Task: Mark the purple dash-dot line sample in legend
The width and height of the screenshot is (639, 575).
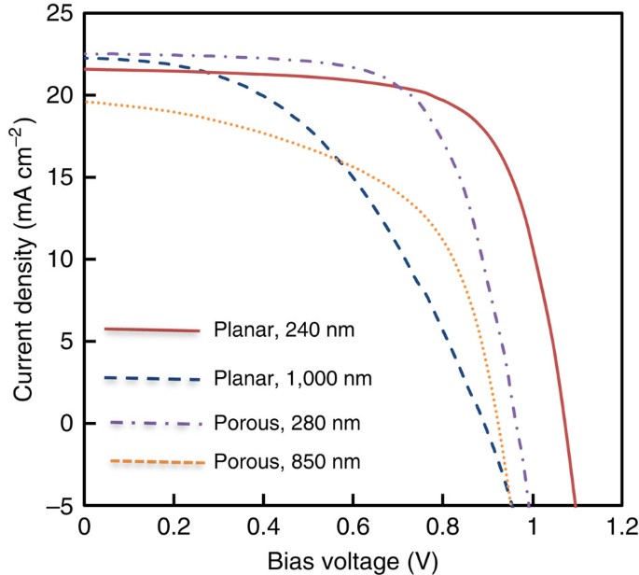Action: click(155, 424)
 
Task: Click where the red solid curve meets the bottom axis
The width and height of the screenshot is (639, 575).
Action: click(576, 504)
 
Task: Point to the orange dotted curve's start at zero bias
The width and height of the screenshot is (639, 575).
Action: click(85, 102)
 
